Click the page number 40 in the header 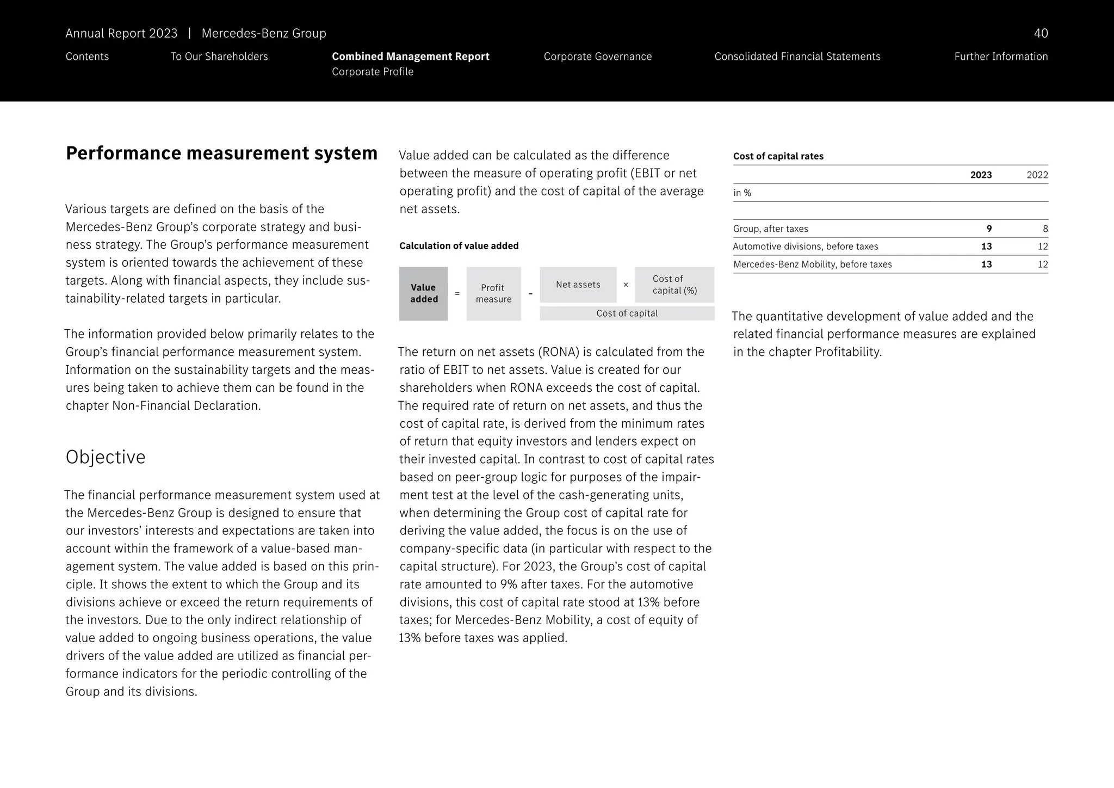pos(1040,33)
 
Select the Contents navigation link pos(87,57)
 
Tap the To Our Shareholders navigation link pos(219,57)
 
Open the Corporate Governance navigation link pos(597,57)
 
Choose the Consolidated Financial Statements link pos(797,57)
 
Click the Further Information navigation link pos(1000,57)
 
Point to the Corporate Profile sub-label pos(373,72)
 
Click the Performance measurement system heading pos(221,153)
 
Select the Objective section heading pos(106,457)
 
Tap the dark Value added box pos(423,293)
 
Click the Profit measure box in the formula pos(493,293)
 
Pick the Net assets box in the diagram pos(578,285)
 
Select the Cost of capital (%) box pos(674,285)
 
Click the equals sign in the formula pos(457,294)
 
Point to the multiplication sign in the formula pos(626,285)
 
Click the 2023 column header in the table pos(981,175)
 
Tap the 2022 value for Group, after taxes pos(1045,229)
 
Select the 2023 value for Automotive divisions pos(986,247)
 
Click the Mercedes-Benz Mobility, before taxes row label pos(812,264)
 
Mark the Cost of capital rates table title pos(778,156)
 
